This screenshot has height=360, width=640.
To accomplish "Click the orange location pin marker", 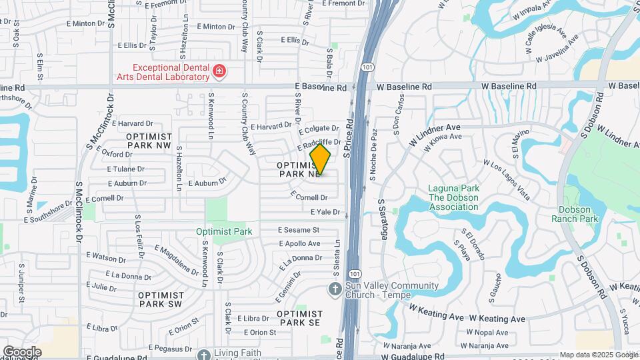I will [320, 159].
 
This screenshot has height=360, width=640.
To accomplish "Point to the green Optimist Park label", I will [224, 232].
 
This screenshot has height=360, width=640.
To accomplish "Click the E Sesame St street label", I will [299, 230].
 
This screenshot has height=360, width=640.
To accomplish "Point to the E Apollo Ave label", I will [300, 243].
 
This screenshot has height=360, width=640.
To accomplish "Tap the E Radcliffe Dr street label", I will [319, 141].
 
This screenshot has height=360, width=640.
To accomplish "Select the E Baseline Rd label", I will [322, 87].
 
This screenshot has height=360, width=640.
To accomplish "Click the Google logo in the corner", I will [22, 352].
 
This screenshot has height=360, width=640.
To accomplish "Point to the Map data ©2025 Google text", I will [598, 355].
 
